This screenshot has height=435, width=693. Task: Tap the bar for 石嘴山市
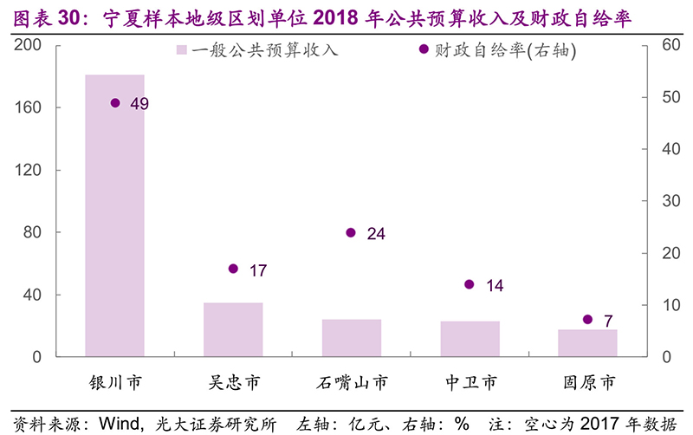pyautogui.click(x=351, y=338)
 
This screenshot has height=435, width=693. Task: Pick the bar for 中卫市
pyautogui.click(x=470, y=339)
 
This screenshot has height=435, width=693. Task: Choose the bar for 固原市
pyautogui.click(x=587, y=342)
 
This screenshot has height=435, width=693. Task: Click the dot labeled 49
pyautogui.click(x=115, y=103)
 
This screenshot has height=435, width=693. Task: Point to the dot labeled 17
pyautogui.click(x=233, y=269)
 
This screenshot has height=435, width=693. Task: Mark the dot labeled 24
pyautogui.click(x=351, y=232)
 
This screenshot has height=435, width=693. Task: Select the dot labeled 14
pyautogui.click(x=470, y=284)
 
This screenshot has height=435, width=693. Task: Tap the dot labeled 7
pyautogui.click(x=587, y=320)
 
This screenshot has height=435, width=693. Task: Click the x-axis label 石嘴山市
pyautogui.click(x=351, y=381)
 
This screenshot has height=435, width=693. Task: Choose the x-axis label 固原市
pyautogui.click(x=587, y=381)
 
